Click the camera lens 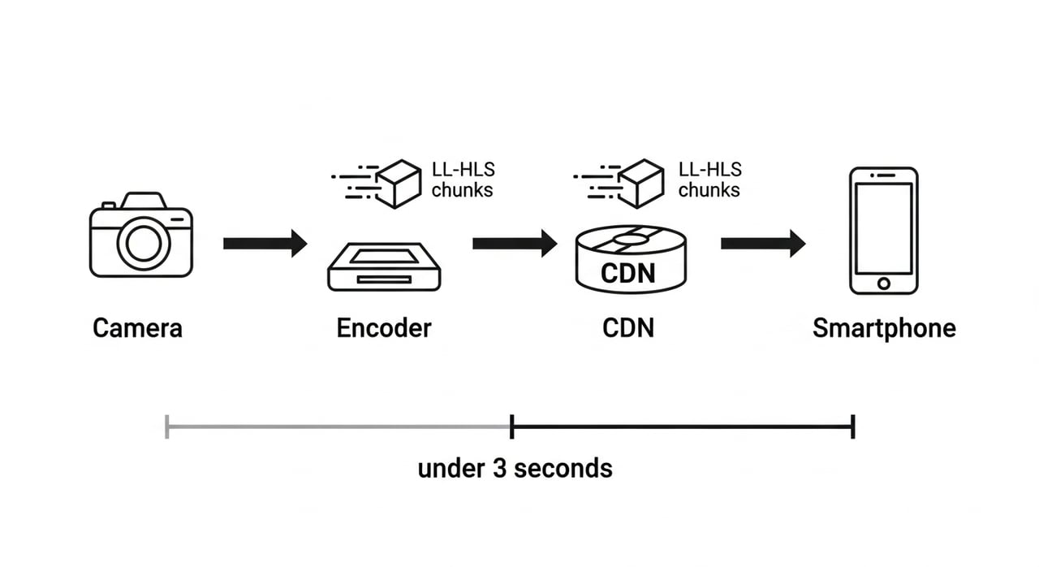[144, 244]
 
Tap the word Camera [137, 328]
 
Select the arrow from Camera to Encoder [265, 243]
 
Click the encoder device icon [384, 266]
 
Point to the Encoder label [384, 328]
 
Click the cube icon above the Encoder [399, 184]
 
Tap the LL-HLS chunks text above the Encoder [463, 180]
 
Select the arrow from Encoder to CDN [515, 243]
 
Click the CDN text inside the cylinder [628, 273]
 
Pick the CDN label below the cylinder [628, 328]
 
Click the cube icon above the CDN [640, 184]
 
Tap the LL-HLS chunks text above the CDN [709, 180]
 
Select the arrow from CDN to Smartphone [763, 243]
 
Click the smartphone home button [884, 283]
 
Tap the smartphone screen [884, 228]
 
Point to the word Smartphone [884, 329]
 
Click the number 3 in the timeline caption [499, 468]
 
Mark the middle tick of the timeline [511, 426]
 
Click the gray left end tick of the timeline [167, 426]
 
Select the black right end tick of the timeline [852, 426]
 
